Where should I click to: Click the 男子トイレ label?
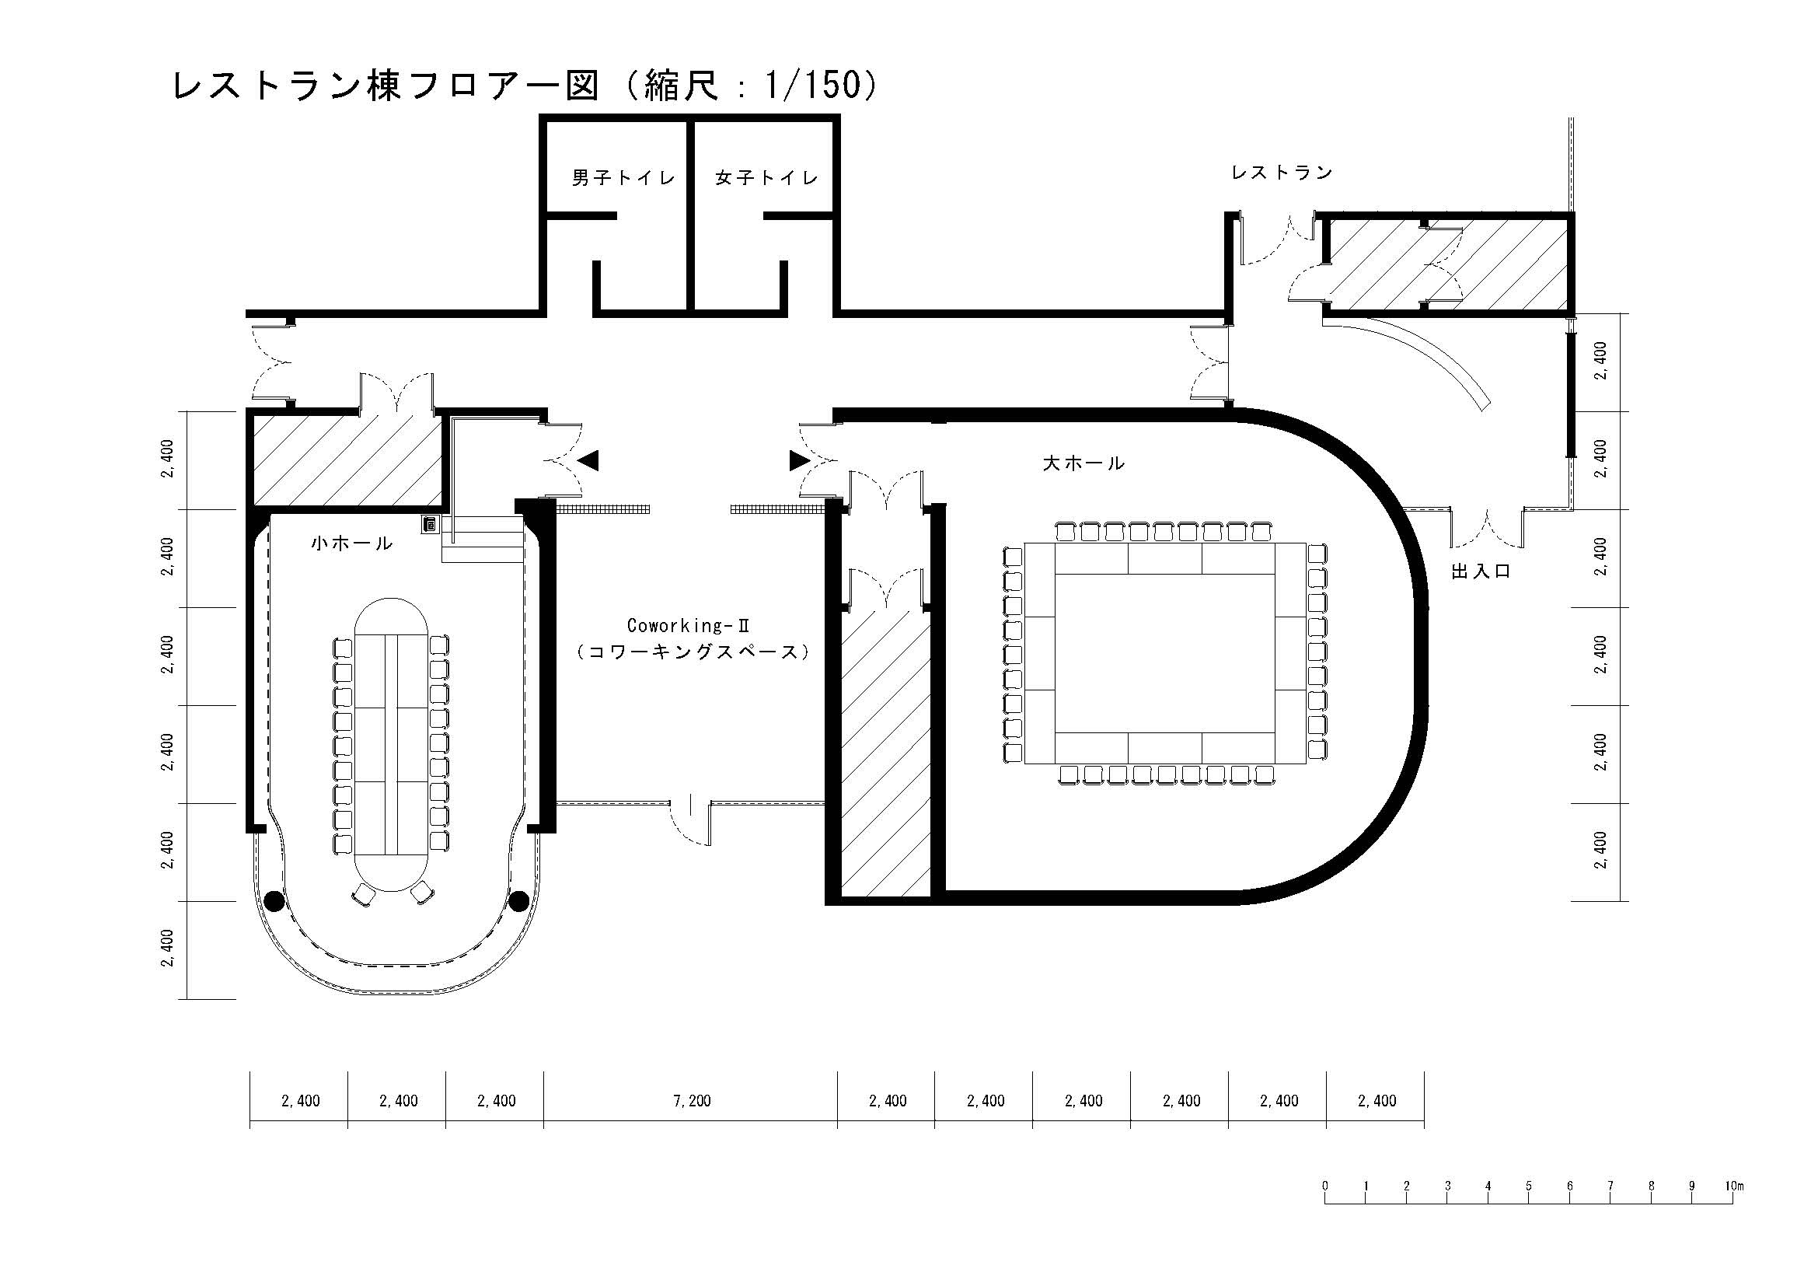tap(624, 177)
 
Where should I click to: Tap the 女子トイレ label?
tap(766, 177)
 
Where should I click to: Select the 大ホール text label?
tap(1083, 463)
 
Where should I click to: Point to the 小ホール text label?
tap(351, 543)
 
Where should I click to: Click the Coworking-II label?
tap(688, 626)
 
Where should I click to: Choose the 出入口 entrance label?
tap(1481, 571)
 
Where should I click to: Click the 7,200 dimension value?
tap(691, 1101)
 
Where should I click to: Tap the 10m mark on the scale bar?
tap(1734, 1186)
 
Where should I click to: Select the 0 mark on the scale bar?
tap(1324, 1186)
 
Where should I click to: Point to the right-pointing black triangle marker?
tap(800, 461)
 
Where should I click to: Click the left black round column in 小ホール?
tap(274, 901)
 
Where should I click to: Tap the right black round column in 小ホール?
tap(519, 901)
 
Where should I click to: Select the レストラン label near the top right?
tap(1282, 173)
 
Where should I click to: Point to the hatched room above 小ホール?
tap(347, 461)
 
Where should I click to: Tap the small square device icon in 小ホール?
tap(430, 524)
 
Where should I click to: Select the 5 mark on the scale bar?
tap(1528, 1186)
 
